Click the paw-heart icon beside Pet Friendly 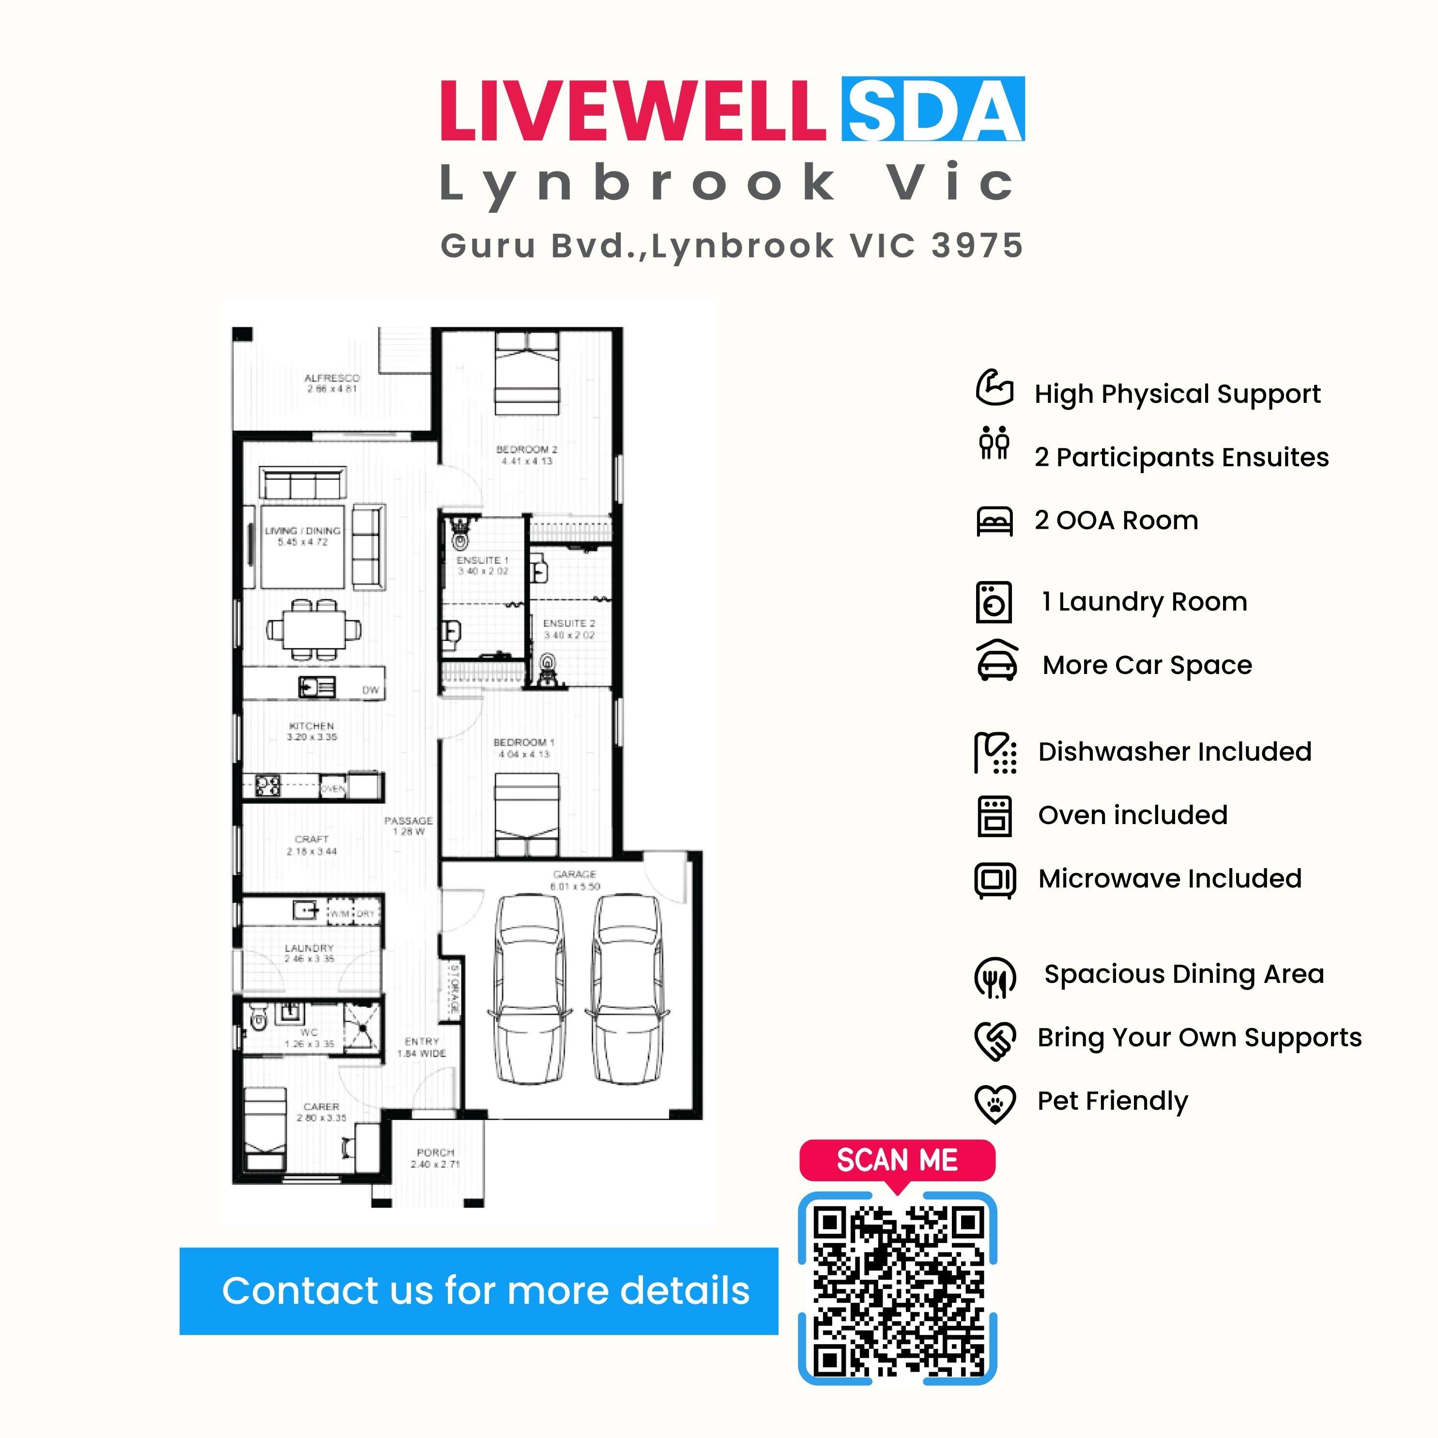(x=994, y=1103)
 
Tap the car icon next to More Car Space (x=996, y=662)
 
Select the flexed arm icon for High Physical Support (x=994, y=388)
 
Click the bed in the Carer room (x=265, y=1128)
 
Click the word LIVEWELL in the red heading (x=633, y=112)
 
